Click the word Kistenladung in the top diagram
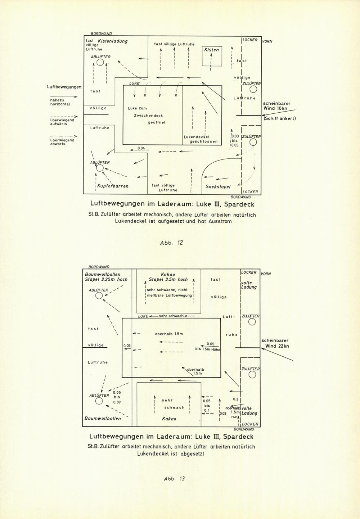pos(113,41)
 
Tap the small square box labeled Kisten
pos(212,46)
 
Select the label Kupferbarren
pos(113,186)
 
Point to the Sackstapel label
pos(218,186)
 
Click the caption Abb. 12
pos(171,243)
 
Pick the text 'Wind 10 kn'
pos(275,108)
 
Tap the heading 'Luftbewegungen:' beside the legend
pos(65,87)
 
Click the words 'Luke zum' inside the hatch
pos(137,108)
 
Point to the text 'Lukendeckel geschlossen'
pos(201,139)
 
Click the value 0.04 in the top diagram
pos(141,148)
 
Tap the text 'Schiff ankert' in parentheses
pos(280,119)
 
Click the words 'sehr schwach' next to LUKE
pos(171,316)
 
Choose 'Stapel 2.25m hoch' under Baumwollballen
pos(106,279)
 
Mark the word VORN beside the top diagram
pos(267,41)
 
